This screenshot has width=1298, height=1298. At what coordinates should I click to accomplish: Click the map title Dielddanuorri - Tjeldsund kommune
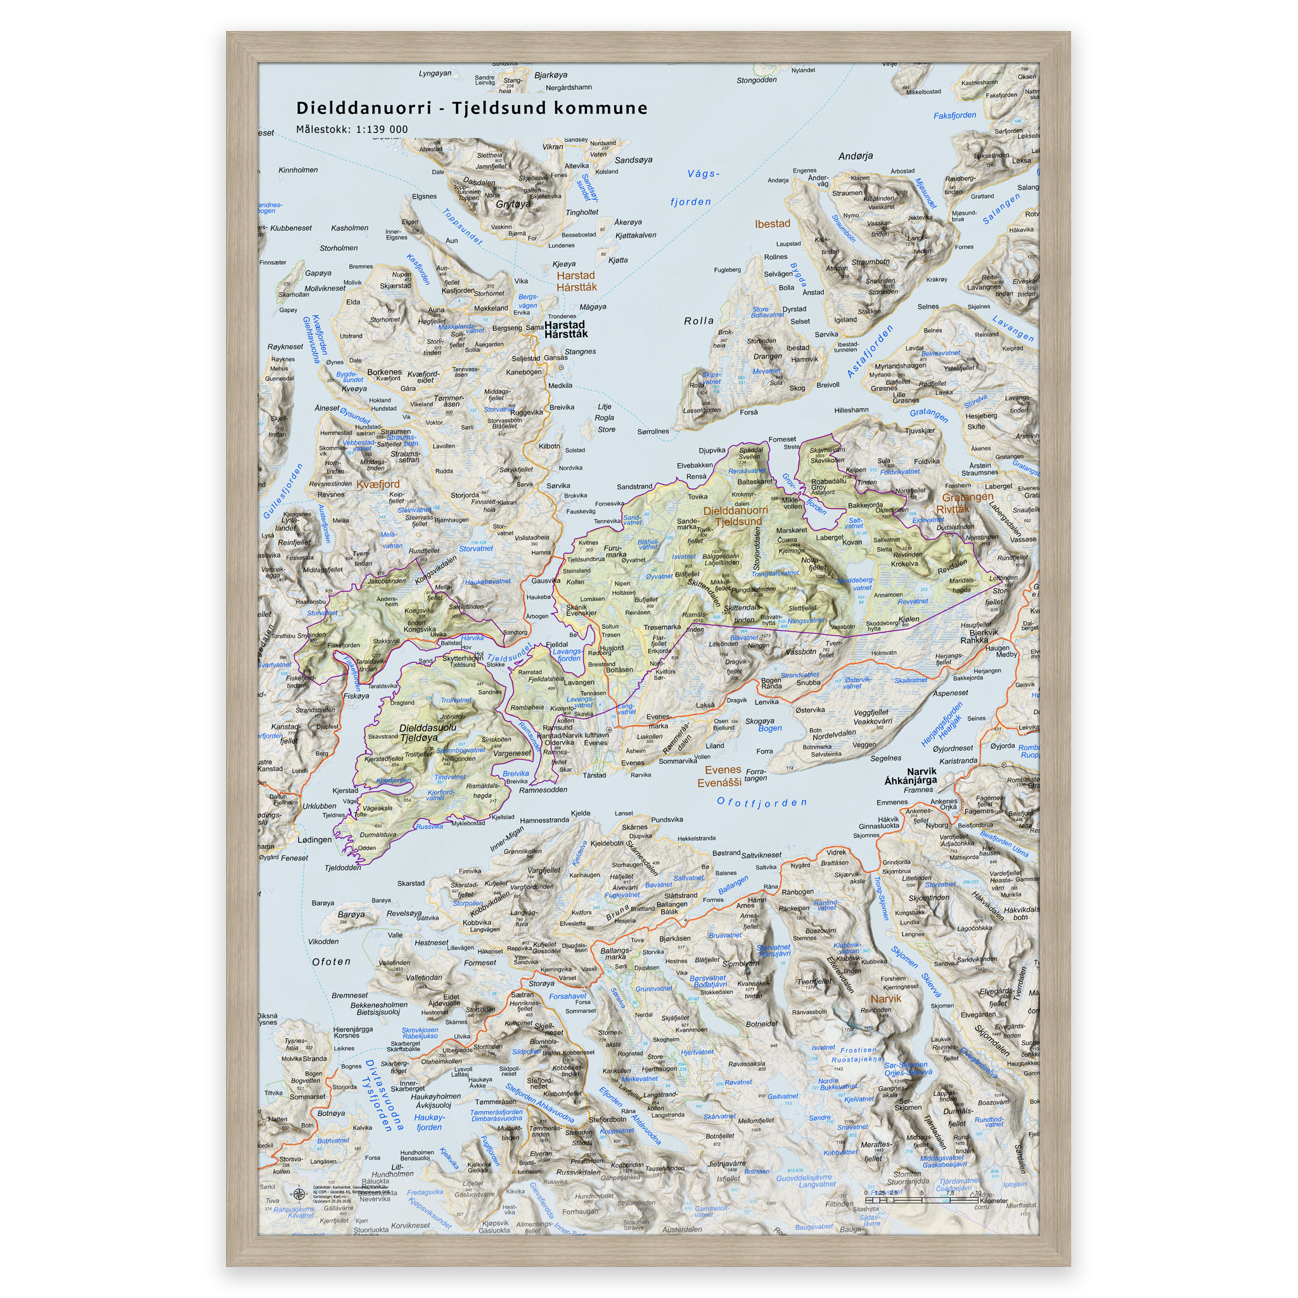click(x=472, y=108)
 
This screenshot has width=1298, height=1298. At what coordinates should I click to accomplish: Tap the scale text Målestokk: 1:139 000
click(x=352, y=130)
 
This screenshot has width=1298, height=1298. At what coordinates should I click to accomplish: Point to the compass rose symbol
click(x=299, y=1194)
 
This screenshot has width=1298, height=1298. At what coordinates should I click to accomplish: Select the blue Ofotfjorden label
click(x=761, y=802)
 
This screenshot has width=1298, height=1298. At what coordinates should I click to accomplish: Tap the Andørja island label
click(x=855, y=157)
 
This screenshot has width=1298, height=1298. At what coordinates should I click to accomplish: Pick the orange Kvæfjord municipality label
click(x=378, y=484)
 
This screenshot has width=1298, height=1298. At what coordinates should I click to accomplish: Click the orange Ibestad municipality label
click(x=772, y=224)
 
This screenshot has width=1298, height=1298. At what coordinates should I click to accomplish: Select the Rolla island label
click(x=698, y=321)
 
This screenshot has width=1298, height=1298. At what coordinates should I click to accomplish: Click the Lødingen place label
click(x=314, y=840)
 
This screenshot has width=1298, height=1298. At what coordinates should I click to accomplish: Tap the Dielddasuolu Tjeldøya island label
click(x=427, y=733)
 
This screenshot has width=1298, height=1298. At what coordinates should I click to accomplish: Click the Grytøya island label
click(x=513, y=204)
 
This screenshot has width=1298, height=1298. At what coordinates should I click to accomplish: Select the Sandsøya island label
click(x=633, y=160)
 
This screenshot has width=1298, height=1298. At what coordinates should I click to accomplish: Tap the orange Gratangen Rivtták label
click(x=967, y=503)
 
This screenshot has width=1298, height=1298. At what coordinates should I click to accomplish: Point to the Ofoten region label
click(x=331, y=962)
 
